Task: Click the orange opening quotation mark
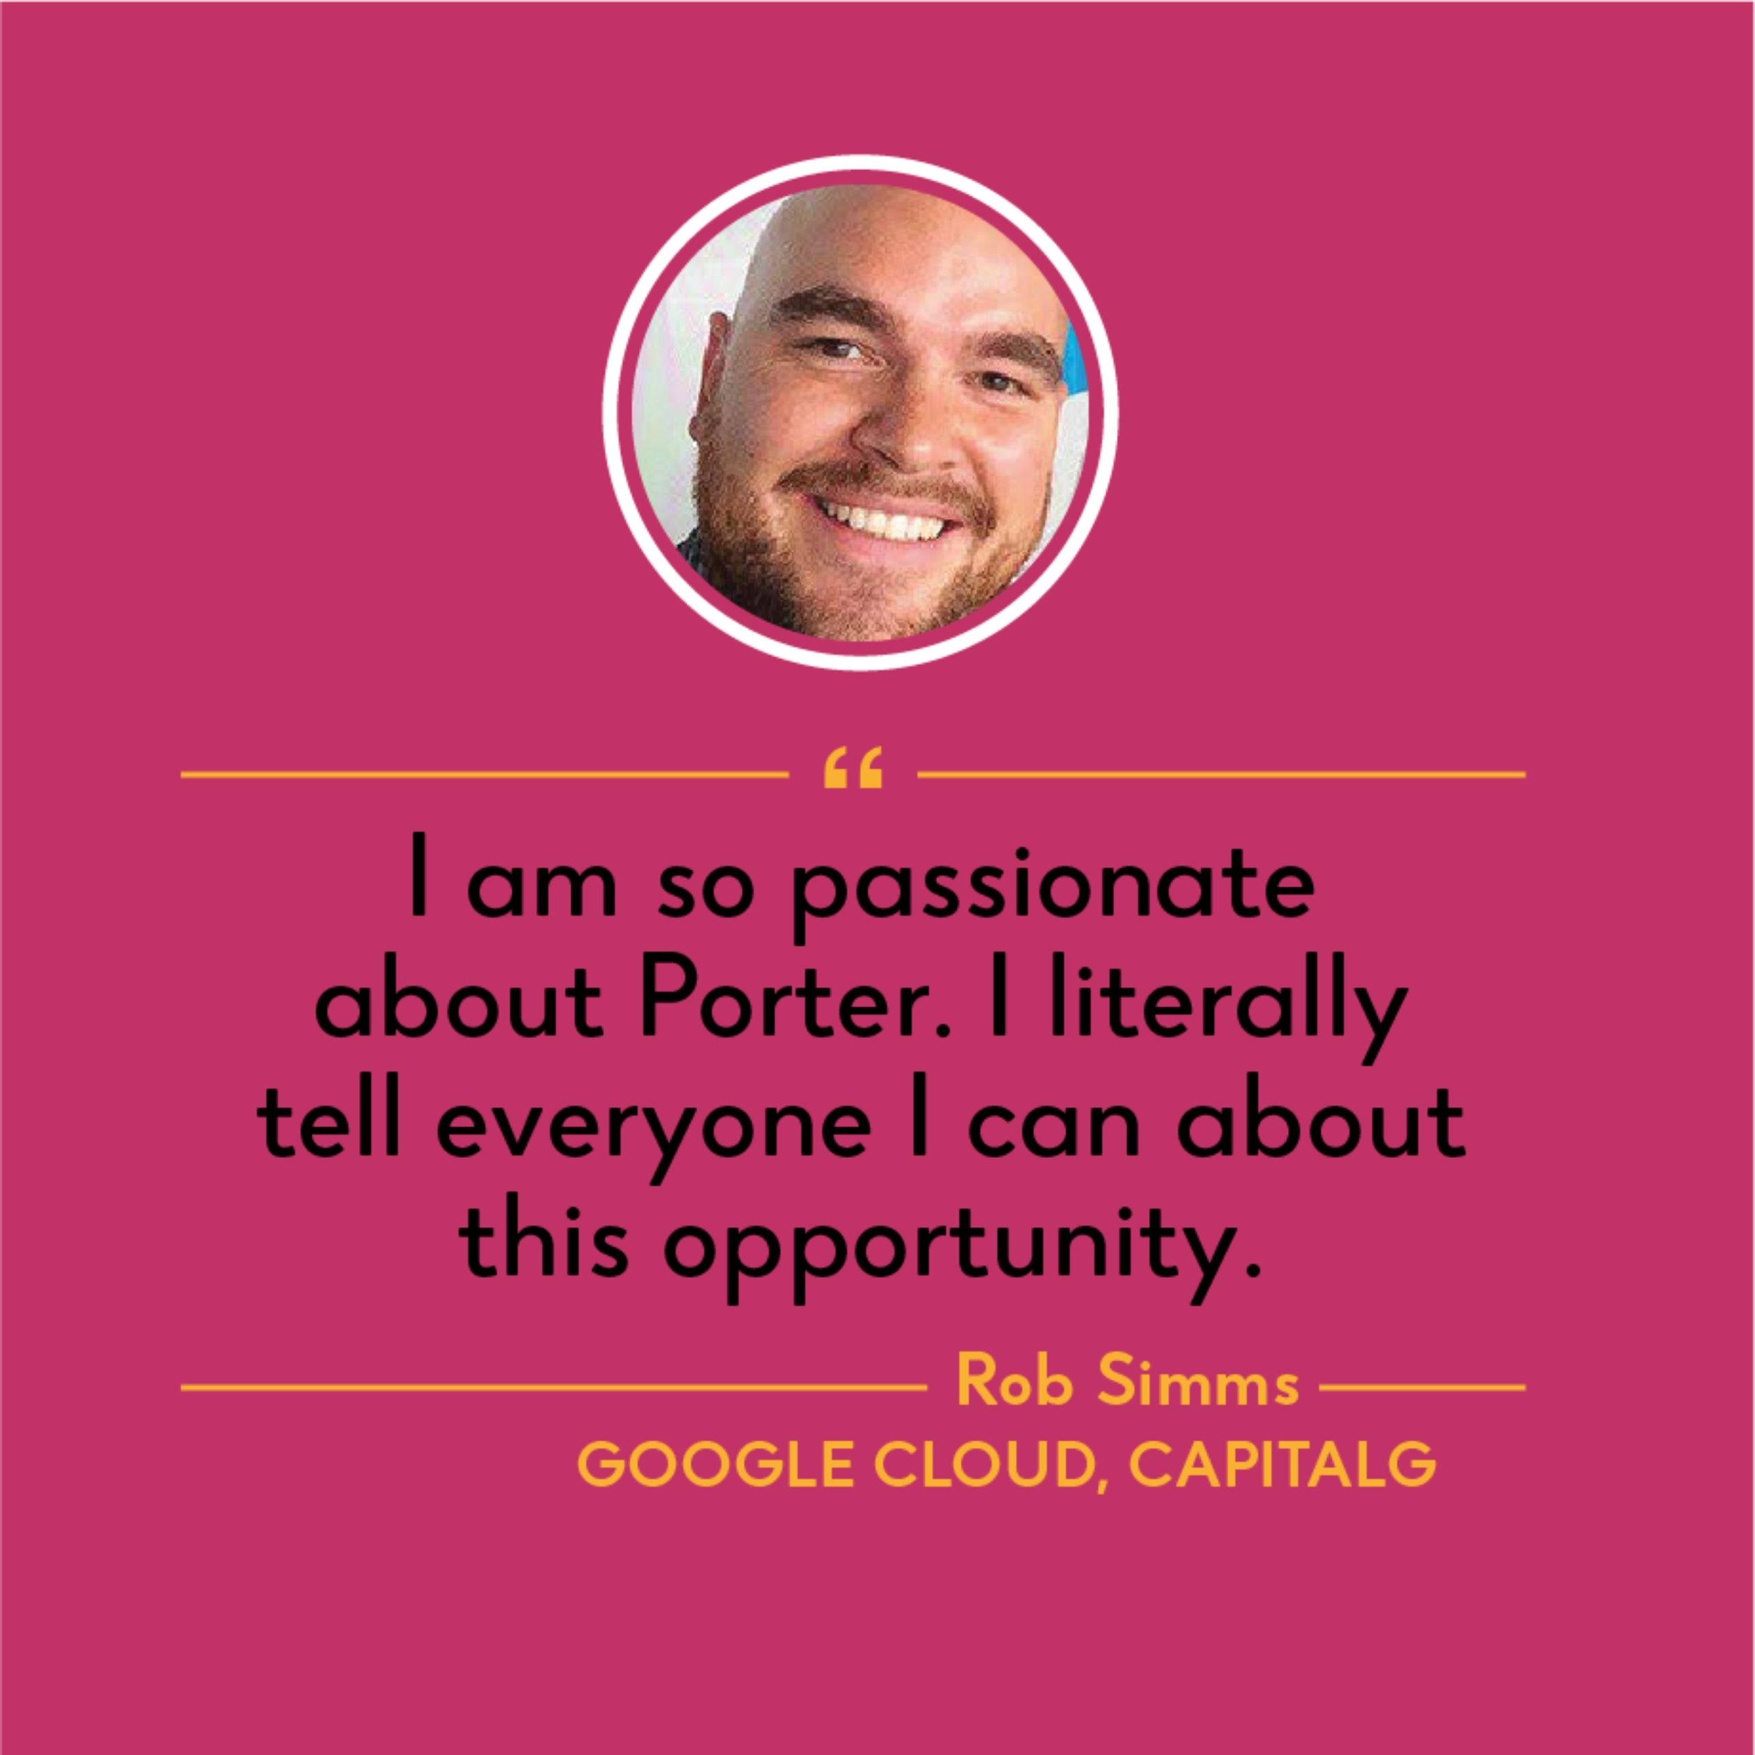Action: (852, 768)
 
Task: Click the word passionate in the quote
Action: (1053, 891)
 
